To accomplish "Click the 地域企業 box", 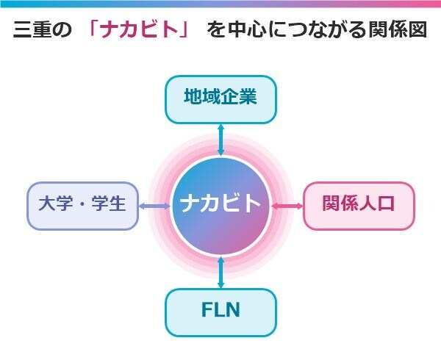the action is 220,99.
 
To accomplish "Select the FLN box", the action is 220,312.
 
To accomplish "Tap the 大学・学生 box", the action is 83,206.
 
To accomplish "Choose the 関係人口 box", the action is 359,206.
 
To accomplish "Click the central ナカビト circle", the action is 220,206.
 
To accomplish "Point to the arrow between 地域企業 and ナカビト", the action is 221,140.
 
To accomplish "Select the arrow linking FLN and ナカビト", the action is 221,273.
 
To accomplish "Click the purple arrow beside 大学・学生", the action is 155,206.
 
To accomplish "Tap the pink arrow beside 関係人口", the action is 287,206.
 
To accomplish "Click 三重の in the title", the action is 42,29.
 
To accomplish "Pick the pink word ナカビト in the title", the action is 139,29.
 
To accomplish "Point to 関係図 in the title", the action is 398,29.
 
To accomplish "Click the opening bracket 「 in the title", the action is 93,28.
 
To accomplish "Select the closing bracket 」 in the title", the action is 186,30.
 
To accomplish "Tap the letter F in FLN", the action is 207,309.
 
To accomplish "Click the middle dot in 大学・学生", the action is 82,204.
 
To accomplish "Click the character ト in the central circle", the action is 251,204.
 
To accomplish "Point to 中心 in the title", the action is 247,29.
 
